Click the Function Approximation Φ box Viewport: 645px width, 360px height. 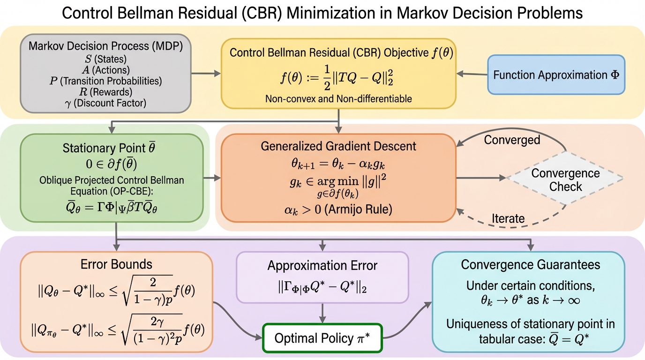[x=556, y=75]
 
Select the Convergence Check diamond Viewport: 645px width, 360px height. [x=565, y=180]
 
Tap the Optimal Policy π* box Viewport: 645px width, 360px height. [x=322, y=338]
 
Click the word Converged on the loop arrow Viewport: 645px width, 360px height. [x=512, y=140]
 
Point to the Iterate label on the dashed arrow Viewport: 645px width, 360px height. [x=508, y=218]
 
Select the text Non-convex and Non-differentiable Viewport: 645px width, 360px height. [x=338, y=99]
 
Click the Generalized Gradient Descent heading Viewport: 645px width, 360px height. [x=338, y=146]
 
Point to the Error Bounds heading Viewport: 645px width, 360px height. [x=117, y=264]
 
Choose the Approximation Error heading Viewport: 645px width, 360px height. [x=322, y=266]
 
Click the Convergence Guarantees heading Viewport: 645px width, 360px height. [x=530, y=264]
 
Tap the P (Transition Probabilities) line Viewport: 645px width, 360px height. [x=105, y=81]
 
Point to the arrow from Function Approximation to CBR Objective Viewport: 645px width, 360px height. [x=472, y=74]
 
